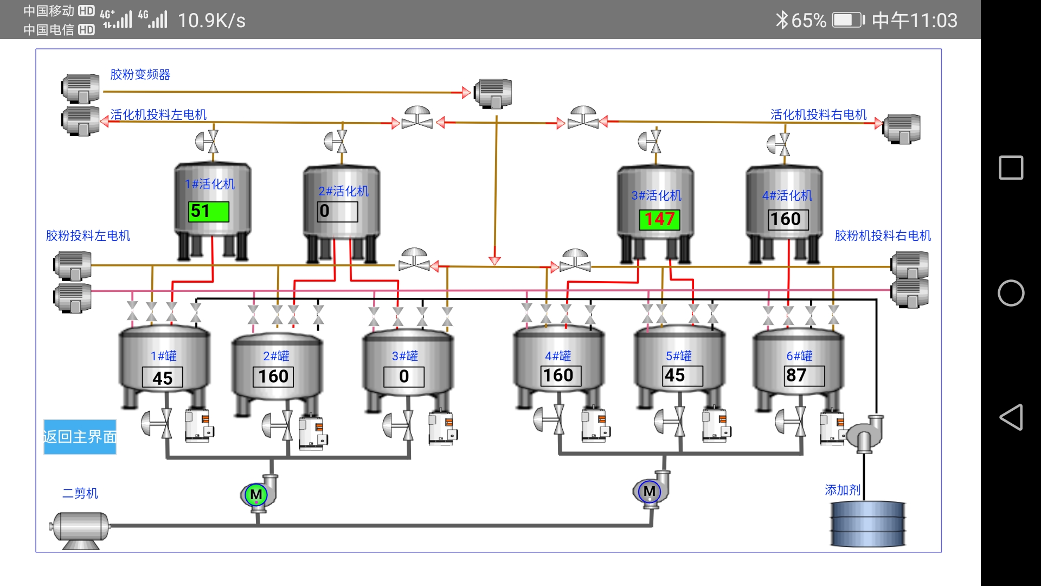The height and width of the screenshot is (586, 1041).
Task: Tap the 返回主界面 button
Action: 80,437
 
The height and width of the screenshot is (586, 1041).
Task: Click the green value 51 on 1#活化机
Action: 209,211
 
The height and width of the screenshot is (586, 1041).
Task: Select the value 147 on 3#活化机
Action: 659,219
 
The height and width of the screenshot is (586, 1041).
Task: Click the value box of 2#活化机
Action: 337,211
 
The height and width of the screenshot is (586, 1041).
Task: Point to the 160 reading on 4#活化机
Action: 788,219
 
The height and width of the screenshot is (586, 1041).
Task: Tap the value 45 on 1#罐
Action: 162,378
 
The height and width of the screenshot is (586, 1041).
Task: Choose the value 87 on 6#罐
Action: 805,375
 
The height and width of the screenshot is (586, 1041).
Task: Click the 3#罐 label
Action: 405,356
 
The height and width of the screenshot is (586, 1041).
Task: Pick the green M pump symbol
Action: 256,494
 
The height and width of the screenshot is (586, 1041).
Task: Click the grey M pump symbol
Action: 649,492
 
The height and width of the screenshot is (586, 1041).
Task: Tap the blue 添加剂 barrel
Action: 868,524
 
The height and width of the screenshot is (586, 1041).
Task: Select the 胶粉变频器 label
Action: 140,74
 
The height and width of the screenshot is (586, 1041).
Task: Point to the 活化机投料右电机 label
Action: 818,114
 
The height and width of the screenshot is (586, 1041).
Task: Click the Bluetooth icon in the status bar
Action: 781,21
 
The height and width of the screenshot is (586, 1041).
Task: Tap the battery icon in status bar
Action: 848,21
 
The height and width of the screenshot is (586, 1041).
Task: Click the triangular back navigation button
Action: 1011,417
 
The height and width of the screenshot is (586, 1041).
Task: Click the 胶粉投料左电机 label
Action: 88,235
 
